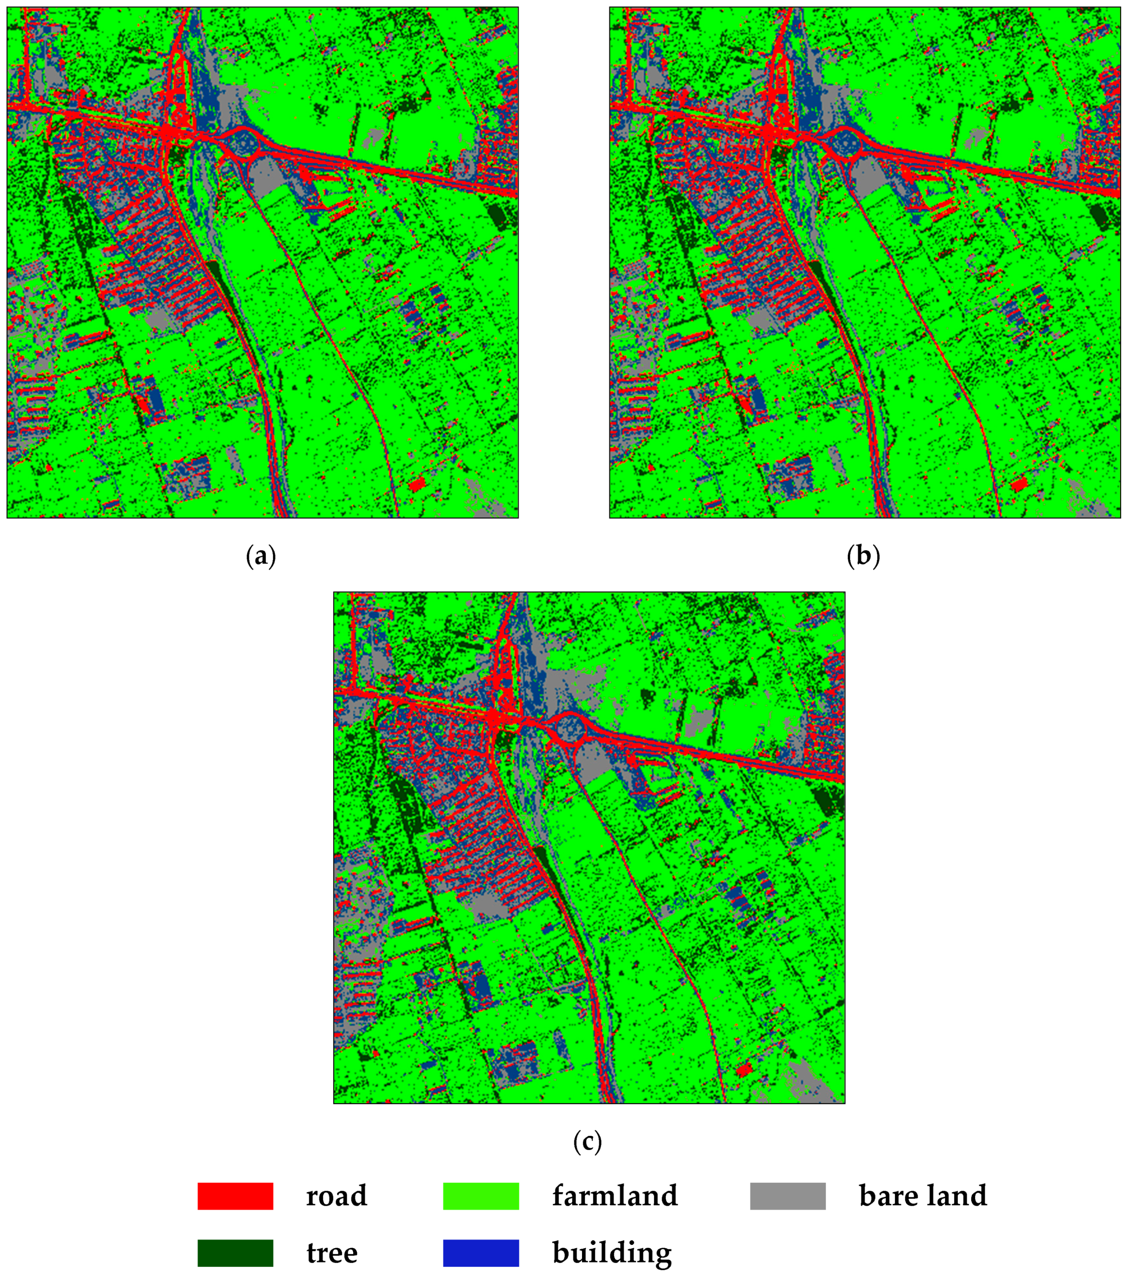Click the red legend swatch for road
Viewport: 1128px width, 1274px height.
pyautogui.click(x=235, y=1196)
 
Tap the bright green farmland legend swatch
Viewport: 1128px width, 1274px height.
pyautogui.click(x=481, y=1196)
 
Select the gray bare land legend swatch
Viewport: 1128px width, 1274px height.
pyautogui.click(x=788, y=1196)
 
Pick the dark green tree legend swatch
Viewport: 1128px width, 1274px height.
pyautogui.click(x=235, y=1253)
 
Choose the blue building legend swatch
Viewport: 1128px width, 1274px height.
pyautogui.click(x=481, y=1253)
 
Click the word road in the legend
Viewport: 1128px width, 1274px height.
pyautogui.click(x=336, y=1196)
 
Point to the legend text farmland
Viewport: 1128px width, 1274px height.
pyautogui.click(x=614, y=1196)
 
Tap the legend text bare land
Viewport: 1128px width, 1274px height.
pyautogui.click(x=923, y=1196)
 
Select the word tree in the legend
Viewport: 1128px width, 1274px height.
pyautogui.click(x=332, y=1253)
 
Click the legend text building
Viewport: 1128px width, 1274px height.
pyautogui.click(x=612, y=1253)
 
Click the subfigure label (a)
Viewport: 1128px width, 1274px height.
pyautogui.click(x=261, y=556)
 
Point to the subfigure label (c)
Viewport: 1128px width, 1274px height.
pyautogui.click(x=587, y=1141)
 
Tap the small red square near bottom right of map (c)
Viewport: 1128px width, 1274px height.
pyautogui.click(x=743, y=1070)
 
